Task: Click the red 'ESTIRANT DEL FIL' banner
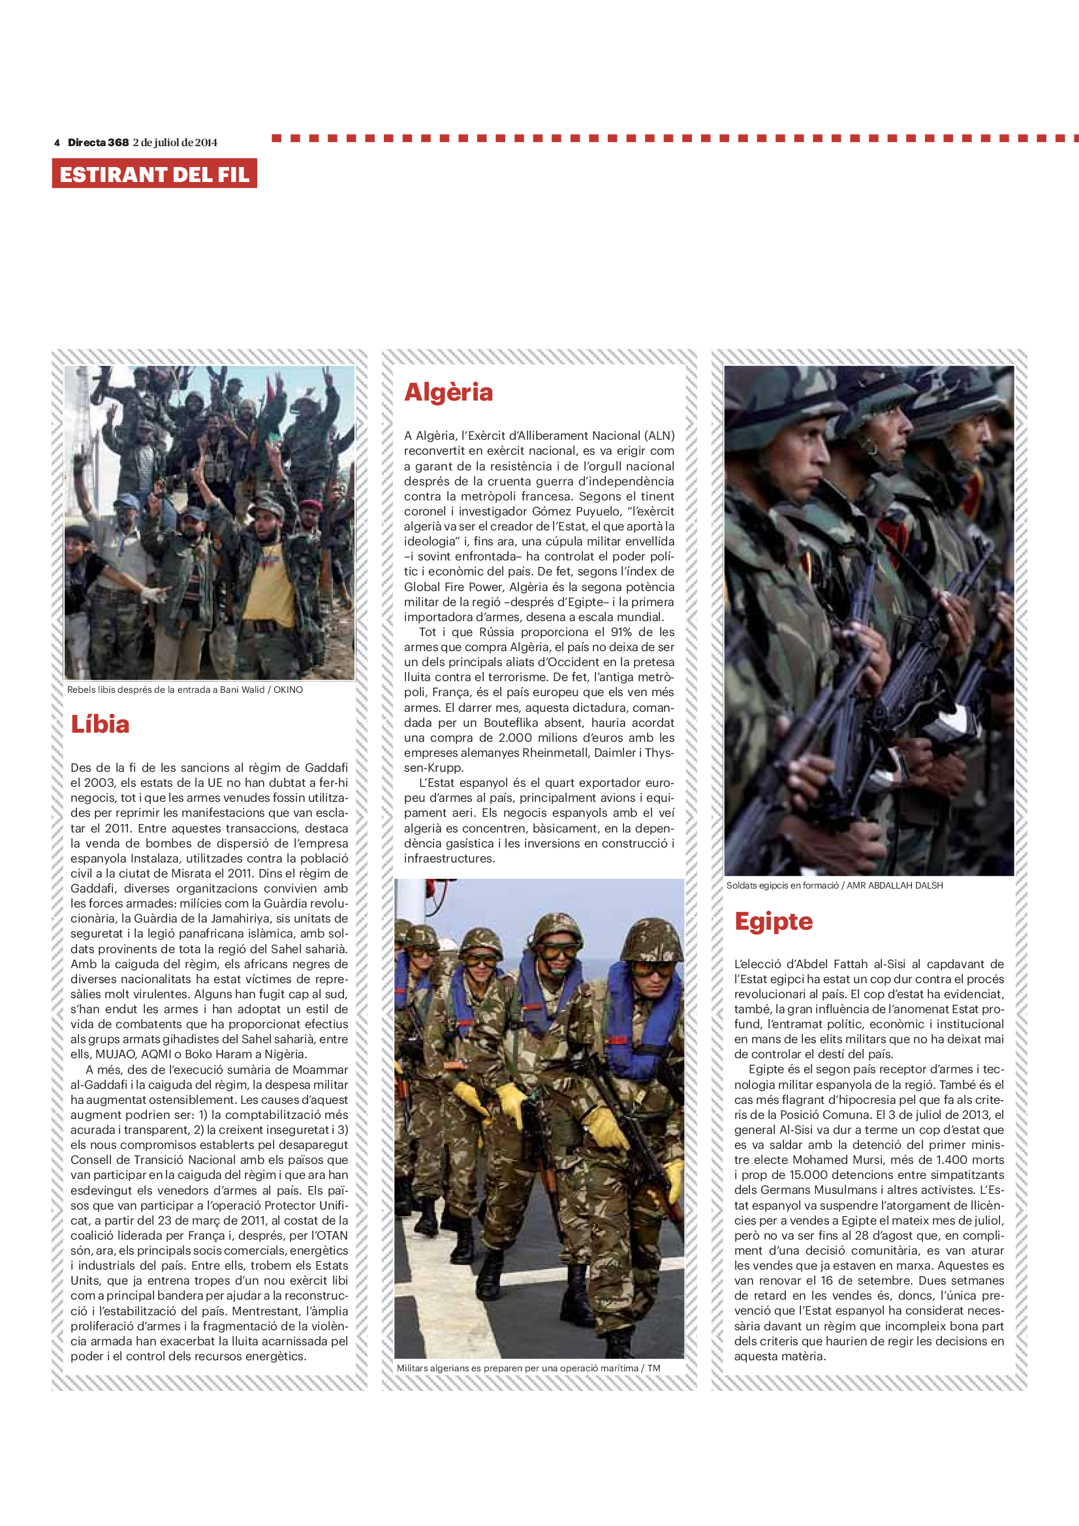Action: [154, 174]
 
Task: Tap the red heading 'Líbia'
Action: [101, 724]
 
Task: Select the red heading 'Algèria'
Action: [448, 392]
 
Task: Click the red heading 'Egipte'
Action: [773, 921]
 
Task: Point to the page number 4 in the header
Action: [57, 142]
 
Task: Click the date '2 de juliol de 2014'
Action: [175, 142]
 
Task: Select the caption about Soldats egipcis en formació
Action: [783, 885]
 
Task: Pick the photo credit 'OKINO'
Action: [288, 690]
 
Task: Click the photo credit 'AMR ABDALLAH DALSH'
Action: [894, 885]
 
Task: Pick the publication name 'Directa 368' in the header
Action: [99, 142]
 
